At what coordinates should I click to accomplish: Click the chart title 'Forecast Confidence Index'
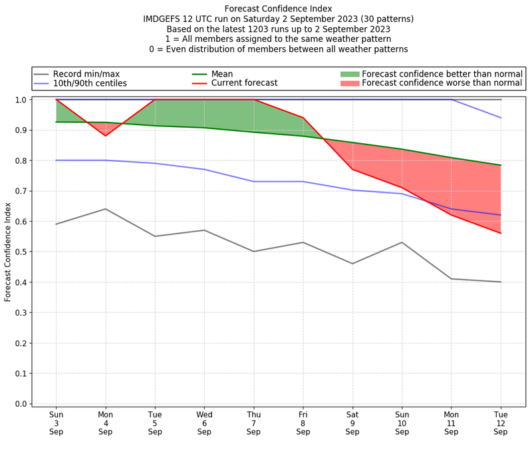pos(279,9)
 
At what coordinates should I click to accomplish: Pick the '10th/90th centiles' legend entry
pos(90,83)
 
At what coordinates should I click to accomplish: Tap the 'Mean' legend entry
pos(221,73)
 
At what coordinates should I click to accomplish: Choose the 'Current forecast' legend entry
pos(243,83)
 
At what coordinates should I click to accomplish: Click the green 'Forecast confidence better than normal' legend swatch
pos(349,73)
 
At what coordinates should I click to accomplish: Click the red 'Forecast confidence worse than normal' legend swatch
pos(349,83)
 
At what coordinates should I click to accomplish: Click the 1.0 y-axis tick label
pos(20,100)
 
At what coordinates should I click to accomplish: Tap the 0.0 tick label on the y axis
pos(20,403)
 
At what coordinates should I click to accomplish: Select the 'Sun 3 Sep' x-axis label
pos(57,422)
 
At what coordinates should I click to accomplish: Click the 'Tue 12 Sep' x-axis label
pos(500,422)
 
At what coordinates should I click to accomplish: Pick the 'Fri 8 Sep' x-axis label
pos(303,422)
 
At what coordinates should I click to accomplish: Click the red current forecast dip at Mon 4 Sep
pos(106,136)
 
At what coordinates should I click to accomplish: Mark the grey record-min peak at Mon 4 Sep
pos(106,209)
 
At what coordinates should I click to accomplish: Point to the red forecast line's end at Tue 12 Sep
pos(500,233)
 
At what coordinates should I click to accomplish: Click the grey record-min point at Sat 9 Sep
pos(352,264)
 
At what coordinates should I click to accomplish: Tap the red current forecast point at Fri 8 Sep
pos(303,118)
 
